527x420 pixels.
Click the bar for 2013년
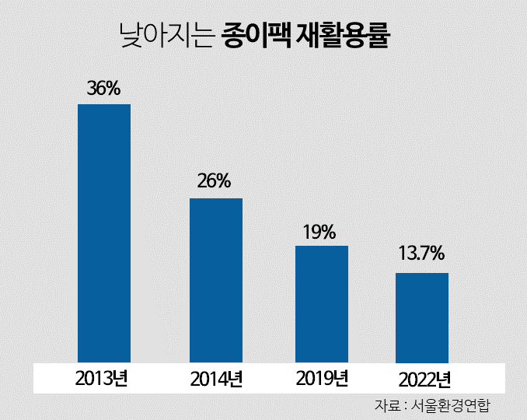click(x=104, y=233)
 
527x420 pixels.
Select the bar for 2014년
click(x=216, y=280)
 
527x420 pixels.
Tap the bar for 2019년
click(x=322, y=304)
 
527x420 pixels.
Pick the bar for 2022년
click(x=422, y=317)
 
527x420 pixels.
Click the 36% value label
click(x=104, y=88)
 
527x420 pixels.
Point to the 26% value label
click(x=214, y=181)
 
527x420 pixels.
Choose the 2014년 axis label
click(x=216, y=380)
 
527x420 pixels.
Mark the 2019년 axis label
click(x=322, y=379)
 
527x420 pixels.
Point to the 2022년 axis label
click(x=424, y=380)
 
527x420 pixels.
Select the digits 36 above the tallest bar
click(x=97, y=88)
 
